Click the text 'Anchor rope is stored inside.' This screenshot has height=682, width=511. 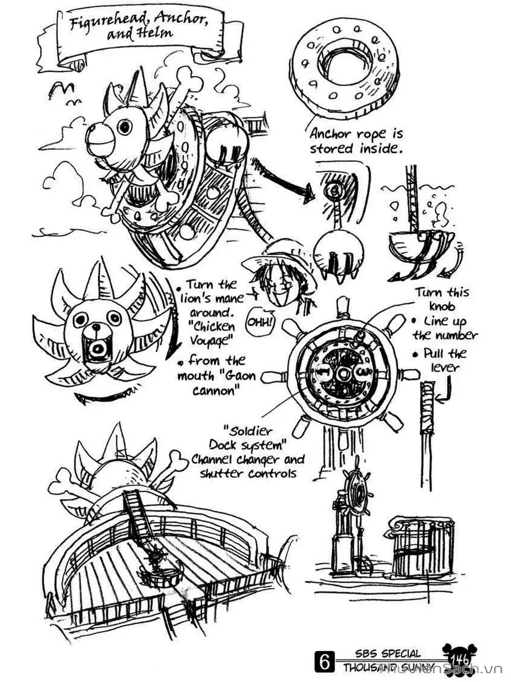(356, 141)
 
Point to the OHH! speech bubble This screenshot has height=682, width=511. (260, 323)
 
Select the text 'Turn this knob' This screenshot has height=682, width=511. (441, 299)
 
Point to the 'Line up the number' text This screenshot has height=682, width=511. (445, 328)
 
